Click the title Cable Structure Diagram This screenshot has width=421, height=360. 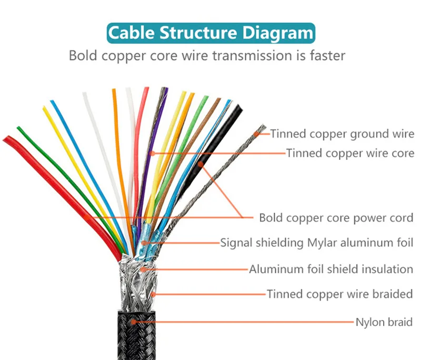click(210, 33)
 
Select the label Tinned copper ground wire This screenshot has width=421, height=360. click(343, 134)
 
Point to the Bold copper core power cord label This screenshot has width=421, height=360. click(336, 217)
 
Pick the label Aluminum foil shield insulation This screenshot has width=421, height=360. click(331, 269)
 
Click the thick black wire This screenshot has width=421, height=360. click(221, 142)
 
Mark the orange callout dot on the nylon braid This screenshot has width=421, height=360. click(134, 321)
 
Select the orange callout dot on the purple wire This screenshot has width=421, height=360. click(152, 153)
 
